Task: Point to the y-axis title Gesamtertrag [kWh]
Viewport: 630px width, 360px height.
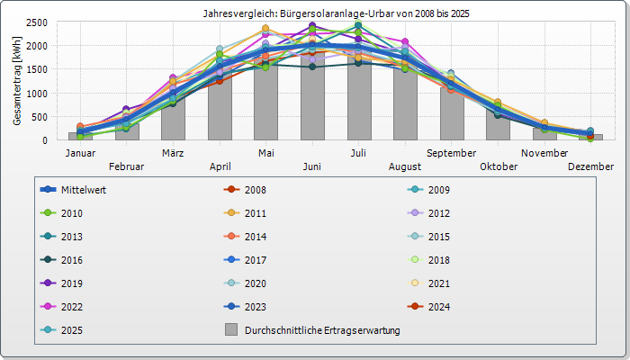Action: click(x=17, y=82)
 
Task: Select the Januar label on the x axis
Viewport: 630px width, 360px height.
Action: click(x=80, y=153)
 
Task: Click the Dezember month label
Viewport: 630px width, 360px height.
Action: click(x=590, y=166)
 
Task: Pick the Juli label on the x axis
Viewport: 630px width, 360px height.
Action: click(x=358, y=153)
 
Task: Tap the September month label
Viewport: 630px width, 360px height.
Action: click(x=451, y=153)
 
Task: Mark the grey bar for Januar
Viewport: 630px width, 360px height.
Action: click(x=80, y=137)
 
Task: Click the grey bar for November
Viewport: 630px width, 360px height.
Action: click(x=544, y=134)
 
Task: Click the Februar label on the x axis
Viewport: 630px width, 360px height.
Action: click(x=126, y=166)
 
